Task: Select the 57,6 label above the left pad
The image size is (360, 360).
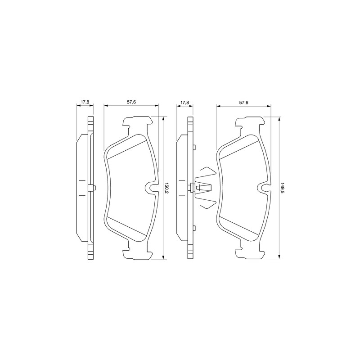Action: (131, 103)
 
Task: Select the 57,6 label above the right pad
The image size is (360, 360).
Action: (243, 103)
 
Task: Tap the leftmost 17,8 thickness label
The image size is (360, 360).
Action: (85, 103)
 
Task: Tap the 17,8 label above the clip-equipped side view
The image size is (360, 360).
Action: (184, 103)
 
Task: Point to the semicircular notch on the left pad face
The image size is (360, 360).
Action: (152, 188)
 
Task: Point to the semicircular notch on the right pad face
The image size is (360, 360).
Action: (264, 188)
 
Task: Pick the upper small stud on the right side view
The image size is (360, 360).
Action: (193, 148)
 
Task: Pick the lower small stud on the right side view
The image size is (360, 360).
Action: (193, 228)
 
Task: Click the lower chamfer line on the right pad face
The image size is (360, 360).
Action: (240, 229)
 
